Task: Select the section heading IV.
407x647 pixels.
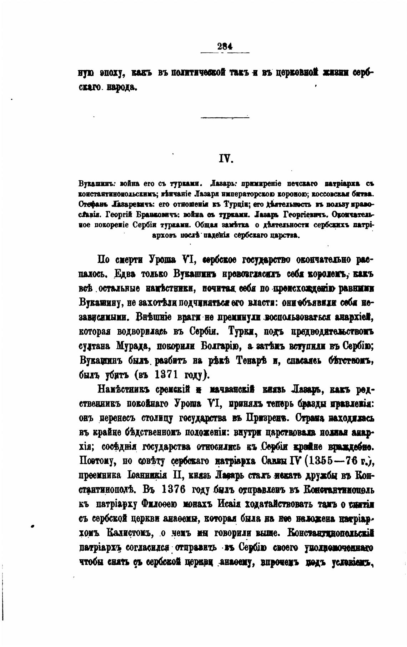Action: click(x=226, y=158)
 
